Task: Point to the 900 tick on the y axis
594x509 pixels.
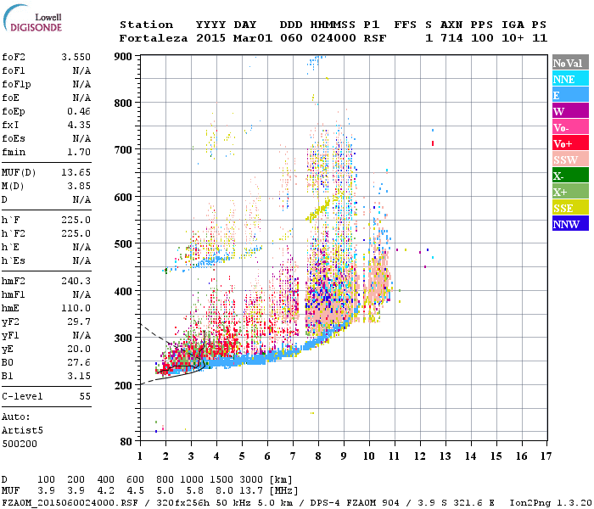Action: coord(124,56)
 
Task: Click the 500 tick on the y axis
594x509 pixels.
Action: coord(124,244)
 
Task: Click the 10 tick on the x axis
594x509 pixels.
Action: coord(369,456)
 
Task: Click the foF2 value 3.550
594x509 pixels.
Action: coord(76,56)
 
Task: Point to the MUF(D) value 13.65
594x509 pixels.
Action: coord(76,172)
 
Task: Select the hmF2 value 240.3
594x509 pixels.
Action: coord(76,280)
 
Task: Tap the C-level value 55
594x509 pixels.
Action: coord(84,396)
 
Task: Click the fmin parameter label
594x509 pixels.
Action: coord(16,152)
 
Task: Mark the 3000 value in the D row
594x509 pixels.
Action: coord(256,480)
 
